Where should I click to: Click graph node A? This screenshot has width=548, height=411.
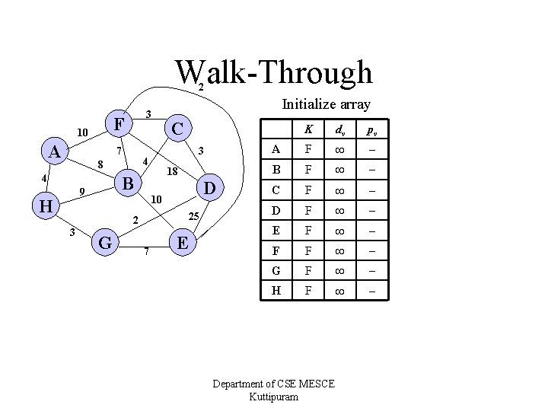(x=54, y=152)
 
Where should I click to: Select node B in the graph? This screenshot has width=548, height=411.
(x=129, y=183)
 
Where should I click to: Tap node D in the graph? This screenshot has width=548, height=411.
(x=211, y=186)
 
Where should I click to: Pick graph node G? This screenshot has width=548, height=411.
(x=106, y=243)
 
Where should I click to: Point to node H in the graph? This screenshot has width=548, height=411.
(x=45, y=205)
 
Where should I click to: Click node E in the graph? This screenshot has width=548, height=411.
(x=183, y=243)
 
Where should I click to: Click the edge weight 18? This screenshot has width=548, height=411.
(x=172, y=171)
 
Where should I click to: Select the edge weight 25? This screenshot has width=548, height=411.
(x=194, y=216)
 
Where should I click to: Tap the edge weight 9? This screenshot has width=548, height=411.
(x=81, y=190)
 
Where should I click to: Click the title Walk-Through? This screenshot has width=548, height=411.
(x=274, y=73)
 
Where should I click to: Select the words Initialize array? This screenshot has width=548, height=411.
(x=327, y=104)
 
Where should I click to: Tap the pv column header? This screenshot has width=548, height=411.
(x=371, y=129)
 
